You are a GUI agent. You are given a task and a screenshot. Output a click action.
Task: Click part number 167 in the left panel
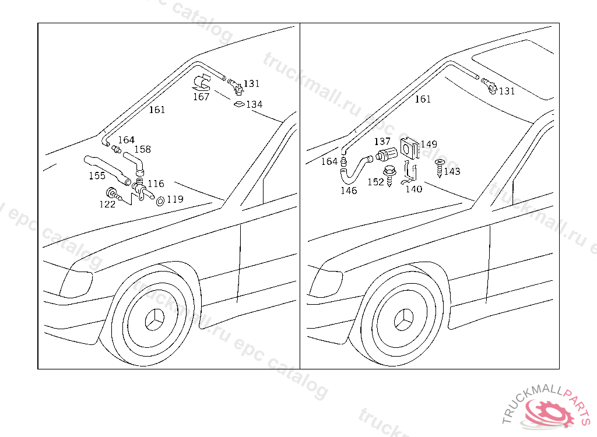(201, 97)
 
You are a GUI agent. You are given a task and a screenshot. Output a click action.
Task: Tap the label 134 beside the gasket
(254, 105)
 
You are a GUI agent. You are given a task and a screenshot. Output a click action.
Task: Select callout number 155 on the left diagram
(97, 175)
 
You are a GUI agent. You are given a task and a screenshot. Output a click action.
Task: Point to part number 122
(107, 204)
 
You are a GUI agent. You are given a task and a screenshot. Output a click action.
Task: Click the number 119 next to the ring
(175, 199)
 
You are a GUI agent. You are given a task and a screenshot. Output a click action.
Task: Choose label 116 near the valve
(156, 184)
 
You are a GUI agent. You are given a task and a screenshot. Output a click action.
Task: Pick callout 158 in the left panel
(142, 150)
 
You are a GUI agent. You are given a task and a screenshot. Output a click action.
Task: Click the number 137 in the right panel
(382, 142)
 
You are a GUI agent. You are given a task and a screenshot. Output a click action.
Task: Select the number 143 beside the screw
(452, 171)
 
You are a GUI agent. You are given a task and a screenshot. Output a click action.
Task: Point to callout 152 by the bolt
(375, 182)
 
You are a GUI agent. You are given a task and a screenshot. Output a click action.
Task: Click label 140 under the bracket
(414, 189)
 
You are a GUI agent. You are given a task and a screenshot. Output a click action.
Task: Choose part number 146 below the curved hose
(349, 191)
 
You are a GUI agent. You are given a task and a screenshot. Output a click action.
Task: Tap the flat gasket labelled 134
(238, 104)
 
